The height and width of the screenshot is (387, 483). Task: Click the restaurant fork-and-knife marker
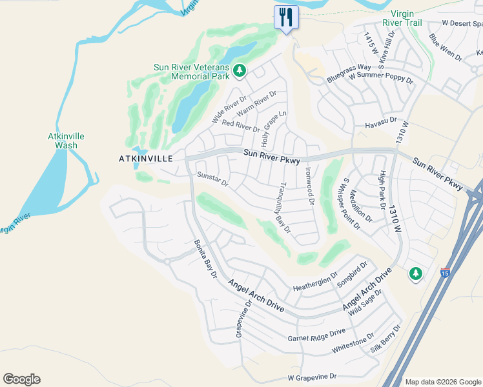pyautogui.click(x=286, y=17)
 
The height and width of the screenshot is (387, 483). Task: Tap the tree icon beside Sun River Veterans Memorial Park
pyautogui.click(x=240, y=70)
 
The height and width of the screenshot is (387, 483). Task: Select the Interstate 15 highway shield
pyautogui.click(x=445, y=273)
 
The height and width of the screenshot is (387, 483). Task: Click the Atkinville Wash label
pyautogui.click(x=66, y=141)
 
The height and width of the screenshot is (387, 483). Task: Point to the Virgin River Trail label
pyautogui.click(x=407, y=19)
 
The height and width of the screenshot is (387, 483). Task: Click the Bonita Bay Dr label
pyautogui.click(x=206, y=259)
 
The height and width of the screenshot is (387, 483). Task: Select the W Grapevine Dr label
pyautogui.click(x=313, y=377)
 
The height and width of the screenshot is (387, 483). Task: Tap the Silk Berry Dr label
pyautogui.click(x=385, y=339)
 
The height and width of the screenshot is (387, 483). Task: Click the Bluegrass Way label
pyautogui.click(x=349, y=72)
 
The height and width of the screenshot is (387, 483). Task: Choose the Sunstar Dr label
pyautogui.click(x=213, y=179)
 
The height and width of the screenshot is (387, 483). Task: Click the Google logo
pyautogui.click(x=22, y=379)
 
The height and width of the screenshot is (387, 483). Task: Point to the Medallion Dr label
pyautogui.click(x=362, y=205)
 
